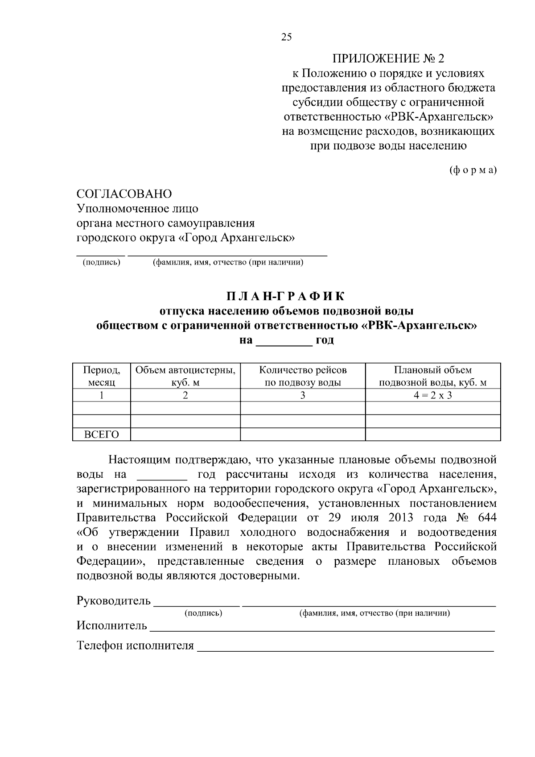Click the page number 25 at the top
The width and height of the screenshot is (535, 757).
point(286,37)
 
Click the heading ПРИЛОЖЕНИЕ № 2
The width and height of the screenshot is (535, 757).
point(388,58)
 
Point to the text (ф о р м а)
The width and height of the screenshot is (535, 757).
point(473,170)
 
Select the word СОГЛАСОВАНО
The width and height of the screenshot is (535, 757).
point(124,194)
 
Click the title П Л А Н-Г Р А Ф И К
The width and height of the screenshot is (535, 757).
point(286,296)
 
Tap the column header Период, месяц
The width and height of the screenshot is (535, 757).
point(102,376)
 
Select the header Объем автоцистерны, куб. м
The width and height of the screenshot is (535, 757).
point(185,376)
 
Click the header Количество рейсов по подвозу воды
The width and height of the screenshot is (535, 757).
point(303,376)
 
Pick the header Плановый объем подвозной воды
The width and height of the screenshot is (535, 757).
point(432,376)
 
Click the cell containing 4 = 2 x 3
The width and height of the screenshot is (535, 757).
point(432,395)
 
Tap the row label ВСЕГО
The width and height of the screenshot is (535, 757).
point(102,434)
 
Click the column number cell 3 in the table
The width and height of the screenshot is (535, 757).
point(303,395)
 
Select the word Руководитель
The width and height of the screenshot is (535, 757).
point(114,601)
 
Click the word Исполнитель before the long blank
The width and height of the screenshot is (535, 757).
point(112,626)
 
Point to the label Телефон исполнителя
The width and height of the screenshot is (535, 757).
point(136,645)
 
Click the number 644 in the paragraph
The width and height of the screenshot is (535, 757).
point(486,518)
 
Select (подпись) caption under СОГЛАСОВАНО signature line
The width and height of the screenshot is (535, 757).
point(101,263)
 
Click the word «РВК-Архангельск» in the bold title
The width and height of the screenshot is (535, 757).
point(418,326)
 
